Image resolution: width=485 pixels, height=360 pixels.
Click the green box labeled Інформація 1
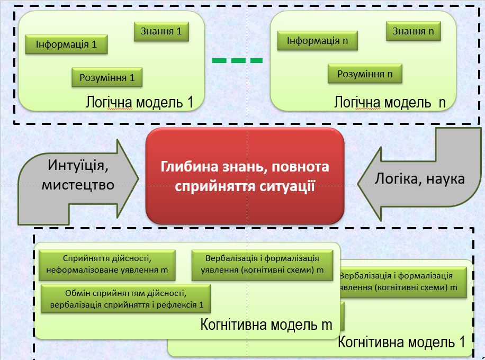click(x=66, y=44)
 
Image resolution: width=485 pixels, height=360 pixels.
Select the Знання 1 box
click(x=161, y=32)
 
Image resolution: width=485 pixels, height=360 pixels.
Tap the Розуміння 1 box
click(x=107, y=78)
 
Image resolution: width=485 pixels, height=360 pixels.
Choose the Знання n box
click(x=413, y=31)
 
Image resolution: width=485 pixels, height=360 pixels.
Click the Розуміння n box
click(x=365, y=74)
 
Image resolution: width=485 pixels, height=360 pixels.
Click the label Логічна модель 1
click(x=139, y=102)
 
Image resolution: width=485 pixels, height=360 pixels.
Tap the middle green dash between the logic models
click(x=237, y=61)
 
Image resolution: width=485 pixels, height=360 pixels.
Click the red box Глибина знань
click(x=245, y=176)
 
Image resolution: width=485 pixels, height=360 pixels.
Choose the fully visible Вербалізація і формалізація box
click(x=263, y=265)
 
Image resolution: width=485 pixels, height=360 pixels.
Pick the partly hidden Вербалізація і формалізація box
click(x=402, y=282)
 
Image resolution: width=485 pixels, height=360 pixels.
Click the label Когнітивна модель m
click(x=266, y=325)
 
